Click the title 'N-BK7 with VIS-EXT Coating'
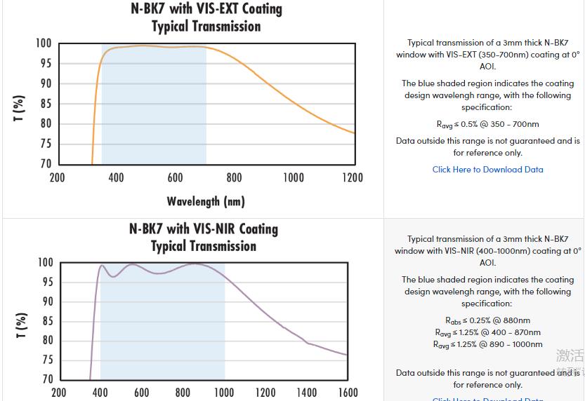[x=206, y=9]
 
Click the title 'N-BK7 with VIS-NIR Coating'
[x=204, y=229]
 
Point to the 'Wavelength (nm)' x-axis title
[x=206, y=202]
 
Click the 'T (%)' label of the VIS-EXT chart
[x=20, y=109]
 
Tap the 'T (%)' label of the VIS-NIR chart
[x=20, y=326]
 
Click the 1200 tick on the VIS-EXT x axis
[x=353, y=177]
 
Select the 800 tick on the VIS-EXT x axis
[x=234, y=177]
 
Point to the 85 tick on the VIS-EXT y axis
[x=44, y=104]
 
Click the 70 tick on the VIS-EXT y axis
[x=44, y=164]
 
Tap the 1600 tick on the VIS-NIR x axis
[x=347, y=393]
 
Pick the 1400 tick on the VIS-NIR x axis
[x=306, y=393]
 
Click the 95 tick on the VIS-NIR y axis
[x=46, y=283]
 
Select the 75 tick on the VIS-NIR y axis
[x=46, y=360]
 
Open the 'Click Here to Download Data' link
[x=487, y=170]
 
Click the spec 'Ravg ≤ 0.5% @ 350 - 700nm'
[x=487, y=124]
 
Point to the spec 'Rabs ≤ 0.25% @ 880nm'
[x=487, y=320]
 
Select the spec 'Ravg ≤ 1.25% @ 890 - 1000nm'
[x=487, y=344]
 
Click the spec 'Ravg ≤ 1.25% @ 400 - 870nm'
[x=487, y=332]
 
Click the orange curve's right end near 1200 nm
[x=353, y=132]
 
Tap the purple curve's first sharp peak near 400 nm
[x=102, y=266]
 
